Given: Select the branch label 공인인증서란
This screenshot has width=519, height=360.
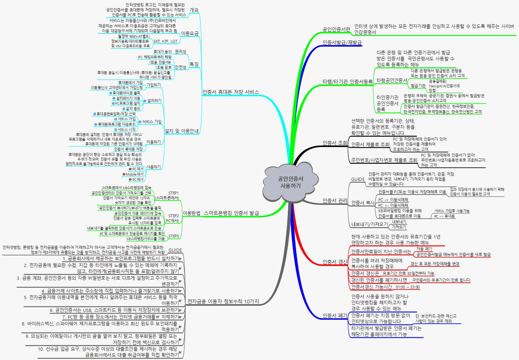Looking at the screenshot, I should click(336, 29).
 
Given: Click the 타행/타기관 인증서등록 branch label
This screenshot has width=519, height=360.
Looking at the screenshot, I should click(347, 82).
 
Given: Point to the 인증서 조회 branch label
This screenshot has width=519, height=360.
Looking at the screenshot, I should click(335, 143).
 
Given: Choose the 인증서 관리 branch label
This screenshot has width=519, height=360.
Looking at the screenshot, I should click(335, 201).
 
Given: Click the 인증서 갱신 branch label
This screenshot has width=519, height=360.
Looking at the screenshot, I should click(335, 262).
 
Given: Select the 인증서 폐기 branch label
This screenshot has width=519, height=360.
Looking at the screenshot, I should click(335, 315).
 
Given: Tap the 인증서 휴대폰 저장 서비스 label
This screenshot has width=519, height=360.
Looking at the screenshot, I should click(230, 92).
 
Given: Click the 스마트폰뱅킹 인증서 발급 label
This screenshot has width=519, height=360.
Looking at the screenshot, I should click(231, 213).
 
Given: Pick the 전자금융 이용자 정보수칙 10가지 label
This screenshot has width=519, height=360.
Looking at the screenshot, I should click(223, 302).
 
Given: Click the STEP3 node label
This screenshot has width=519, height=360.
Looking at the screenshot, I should click(173, 236).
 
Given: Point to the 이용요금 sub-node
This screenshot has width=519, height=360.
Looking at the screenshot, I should click(190, 33).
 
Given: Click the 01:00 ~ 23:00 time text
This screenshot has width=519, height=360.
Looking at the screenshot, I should click(408, 287).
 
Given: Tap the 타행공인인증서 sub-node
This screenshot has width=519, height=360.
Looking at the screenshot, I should click(391, 80).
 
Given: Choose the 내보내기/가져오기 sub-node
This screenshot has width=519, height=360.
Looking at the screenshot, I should click(369, 224).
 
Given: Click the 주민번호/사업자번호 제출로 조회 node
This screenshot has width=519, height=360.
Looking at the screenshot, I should click(384, 160).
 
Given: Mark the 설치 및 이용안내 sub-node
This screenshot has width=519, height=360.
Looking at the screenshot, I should click(181, 131).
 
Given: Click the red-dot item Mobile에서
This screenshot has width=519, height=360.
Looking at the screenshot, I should click(134, 174).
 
